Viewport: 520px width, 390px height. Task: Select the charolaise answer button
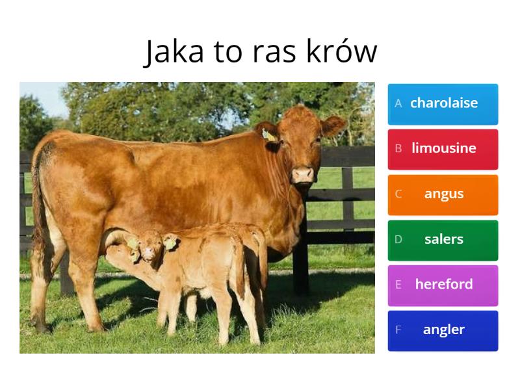(443, 103)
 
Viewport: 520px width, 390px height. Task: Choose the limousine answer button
(443, 149)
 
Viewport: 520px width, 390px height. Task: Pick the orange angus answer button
(443, 194)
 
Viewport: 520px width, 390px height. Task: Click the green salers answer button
(443, 239)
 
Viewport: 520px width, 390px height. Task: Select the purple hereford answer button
(443, 285)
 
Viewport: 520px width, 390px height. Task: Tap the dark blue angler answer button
(443, 330)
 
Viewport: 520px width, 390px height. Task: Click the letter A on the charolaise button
(398, 103)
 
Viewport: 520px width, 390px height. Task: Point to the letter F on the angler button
(398, 330)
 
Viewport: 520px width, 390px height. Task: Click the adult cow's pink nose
(302, 174)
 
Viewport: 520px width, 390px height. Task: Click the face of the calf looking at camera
(151, 247)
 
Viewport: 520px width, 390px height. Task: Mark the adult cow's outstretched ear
(332, 125)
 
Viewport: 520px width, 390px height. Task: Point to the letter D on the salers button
(398, 239)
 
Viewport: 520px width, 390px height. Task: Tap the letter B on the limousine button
(398, 149)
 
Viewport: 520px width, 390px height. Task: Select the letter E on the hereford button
(398, 285)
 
